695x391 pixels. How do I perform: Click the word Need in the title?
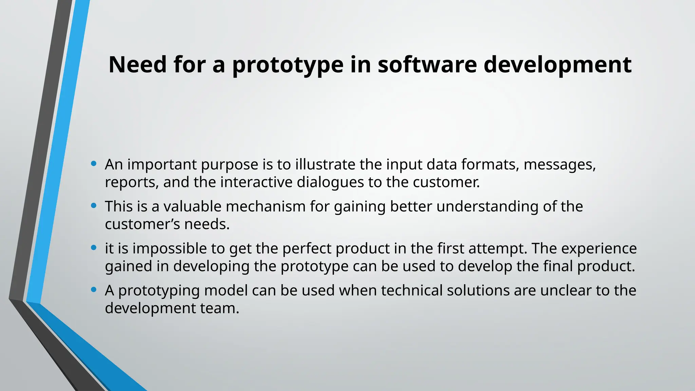pyautogui.click(x=137, y=64)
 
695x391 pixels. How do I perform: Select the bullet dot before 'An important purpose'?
pyautogui.click(x=94, y=164)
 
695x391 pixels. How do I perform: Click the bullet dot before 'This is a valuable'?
pyautogui.click(x=94, y=206)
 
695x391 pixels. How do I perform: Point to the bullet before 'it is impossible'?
pyautogui.click(x=94, y=248)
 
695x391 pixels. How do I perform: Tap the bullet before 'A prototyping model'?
pyautogui.click(x=94, y=290)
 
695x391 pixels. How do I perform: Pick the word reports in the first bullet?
pyautogui.click(x=131, y=183)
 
